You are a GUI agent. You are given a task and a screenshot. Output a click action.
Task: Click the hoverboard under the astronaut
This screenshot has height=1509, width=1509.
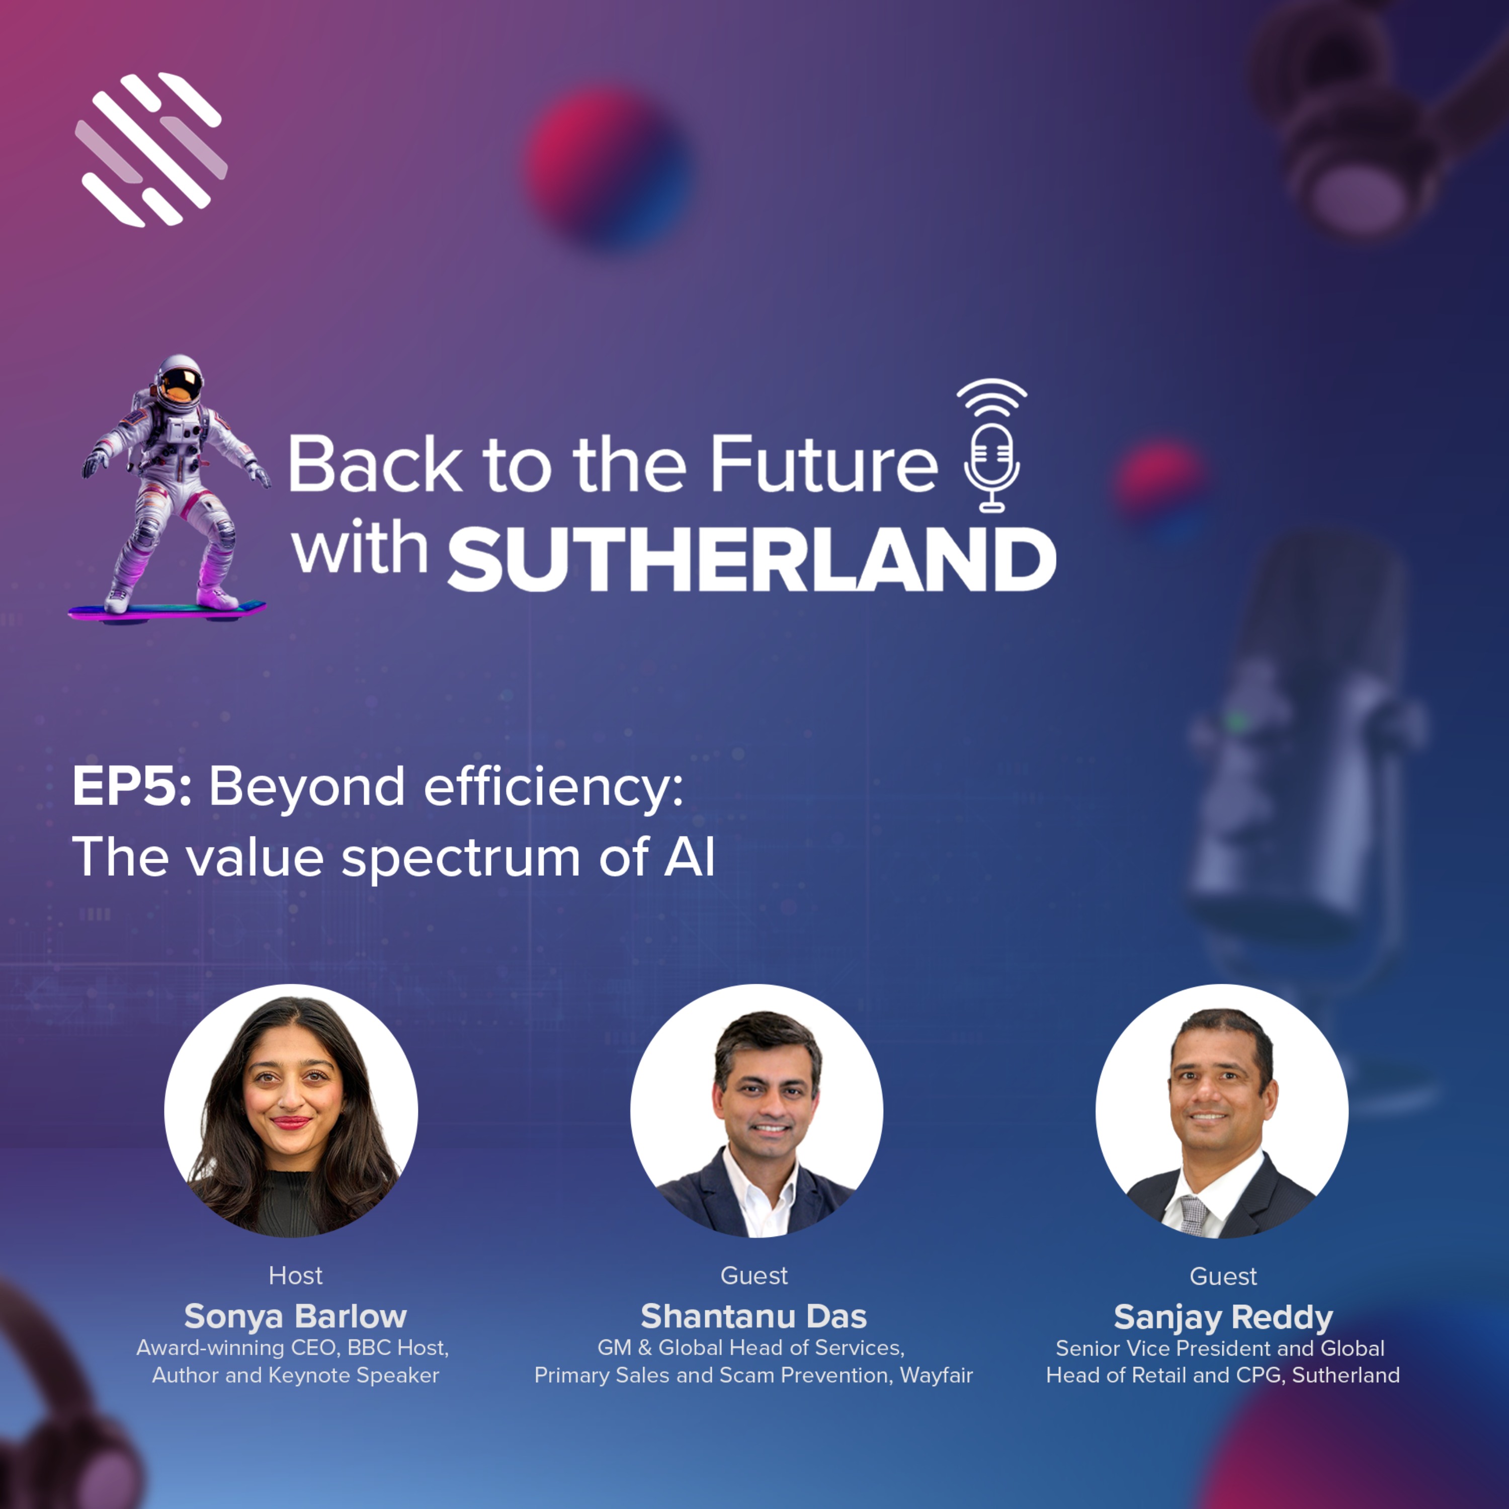click(x=166, y=610)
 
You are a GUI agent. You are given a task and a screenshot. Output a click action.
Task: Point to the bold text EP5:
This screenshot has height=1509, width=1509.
click(x=131, y=787)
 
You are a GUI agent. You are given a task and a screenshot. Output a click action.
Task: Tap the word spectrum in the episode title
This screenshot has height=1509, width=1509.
click(x=460, y=857)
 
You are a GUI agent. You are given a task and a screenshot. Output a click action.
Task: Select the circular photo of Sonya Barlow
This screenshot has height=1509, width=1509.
click(x=291, y=1110)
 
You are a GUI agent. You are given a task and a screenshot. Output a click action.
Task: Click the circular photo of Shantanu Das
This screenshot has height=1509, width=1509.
click(x=756, y=1110)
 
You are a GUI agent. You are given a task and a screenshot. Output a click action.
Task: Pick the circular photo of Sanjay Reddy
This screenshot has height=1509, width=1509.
click(x=1222, y=1110)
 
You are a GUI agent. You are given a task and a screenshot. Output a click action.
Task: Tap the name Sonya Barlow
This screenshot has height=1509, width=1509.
click(x=295, y=1316)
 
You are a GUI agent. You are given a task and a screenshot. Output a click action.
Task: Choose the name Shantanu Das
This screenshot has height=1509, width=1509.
click(x=753, y=1316)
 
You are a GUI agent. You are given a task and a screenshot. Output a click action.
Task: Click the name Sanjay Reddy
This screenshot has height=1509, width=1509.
click(x=1223, y=1317)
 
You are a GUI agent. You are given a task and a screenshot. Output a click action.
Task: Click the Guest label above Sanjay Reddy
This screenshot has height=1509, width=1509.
click(x=1223, y=1276)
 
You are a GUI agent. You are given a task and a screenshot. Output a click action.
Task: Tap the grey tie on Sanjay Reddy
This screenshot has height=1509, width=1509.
click(x=1194, y=1215)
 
